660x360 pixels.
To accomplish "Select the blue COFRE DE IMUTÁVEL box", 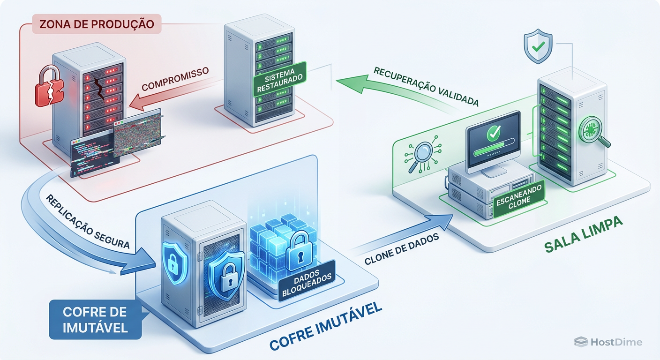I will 95,319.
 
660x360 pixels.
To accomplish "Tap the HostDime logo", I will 608,342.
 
